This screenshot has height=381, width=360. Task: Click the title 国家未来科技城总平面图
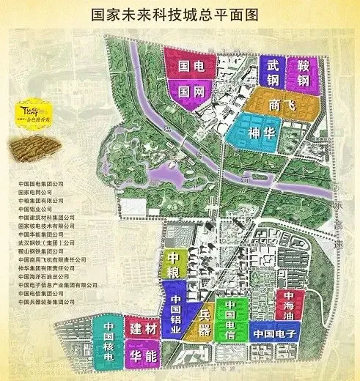[x=180, y=14]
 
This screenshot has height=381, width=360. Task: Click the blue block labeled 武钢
[x=273, y=71]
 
